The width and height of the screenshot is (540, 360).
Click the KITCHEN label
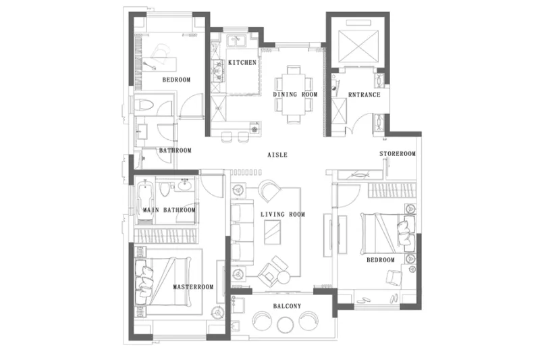click(x=242, y=62)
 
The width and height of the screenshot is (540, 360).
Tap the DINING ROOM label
click(x=295, y=94)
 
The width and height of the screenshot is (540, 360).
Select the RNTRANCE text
click(x=364, y=95)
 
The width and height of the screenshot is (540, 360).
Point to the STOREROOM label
click(x=398, y=153)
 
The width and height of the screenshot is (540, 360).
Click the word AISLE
click(x=277, y=155)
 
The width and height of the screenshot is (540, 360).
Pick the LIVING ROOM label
click(x=283, y=214)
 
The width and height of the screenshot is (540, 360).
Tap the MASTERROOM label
click(x=193, y=286)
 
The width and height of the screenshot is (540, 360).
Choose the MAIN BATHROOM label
click(x=169, y=210)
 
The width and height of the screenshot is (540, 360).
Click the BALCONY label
click(x=288, y=306)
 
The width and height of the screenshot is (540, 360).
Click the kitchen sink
click(x=236, y=41)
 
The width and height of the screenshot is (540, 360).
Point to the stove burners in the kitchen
click(x=217, y=72)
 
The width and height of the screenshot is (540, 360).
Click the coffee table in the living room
click(x=272, y=232)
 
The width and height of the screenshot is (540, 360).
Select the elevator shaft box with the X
click(x=358, y=47)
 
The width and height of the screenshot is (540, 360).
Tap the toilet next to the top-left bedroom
click(x=144, y=105)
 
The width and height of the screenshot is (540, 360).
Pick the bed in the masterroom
click(x=163, y=282)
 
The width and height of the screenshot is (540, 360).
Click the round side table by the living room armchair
click(x=283, y=277)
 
